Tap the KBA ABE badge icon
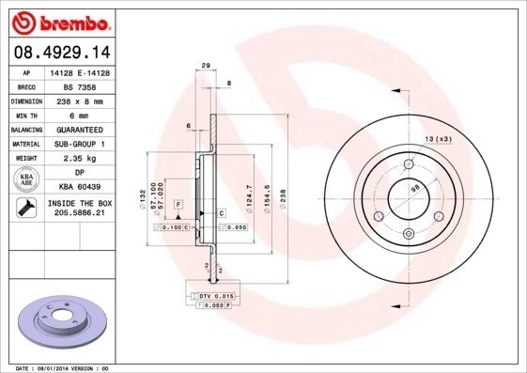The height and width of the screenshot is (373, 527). [x=27, y=179]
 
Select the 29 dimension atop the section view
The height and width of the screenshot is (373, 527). [x=205, y=65]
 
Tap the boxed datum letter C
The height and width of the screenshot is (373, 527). [x=222, y=213]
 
